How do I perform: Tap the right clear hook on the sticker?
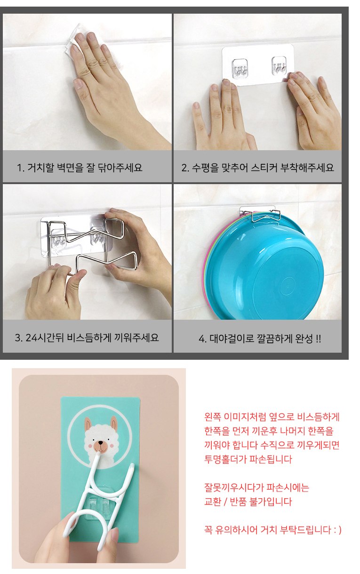pyautogui.click(x=279, y=65)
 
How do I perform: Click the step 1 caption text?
pyautogui.click(x=80, y=168)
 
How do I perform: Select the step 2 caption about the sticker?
pyautogui.click(x=257, y=168)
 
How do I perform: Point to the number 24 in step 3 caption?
pyautogui.click(x=32, y=338)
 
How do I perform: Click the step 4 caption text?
pyautogui.click(x=260, y=339)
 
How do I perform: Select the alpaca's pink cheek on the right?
pyautogui.click(x=111, y=445)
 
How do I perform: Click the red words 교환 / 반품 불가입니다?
pyautogui.click(x=248, y=501)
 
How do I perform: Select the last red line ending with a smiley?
pyautogui.click(x=272, y=530)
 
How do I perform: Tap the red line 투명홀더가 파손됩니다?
pyautogui.click(x=248, y=460)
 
